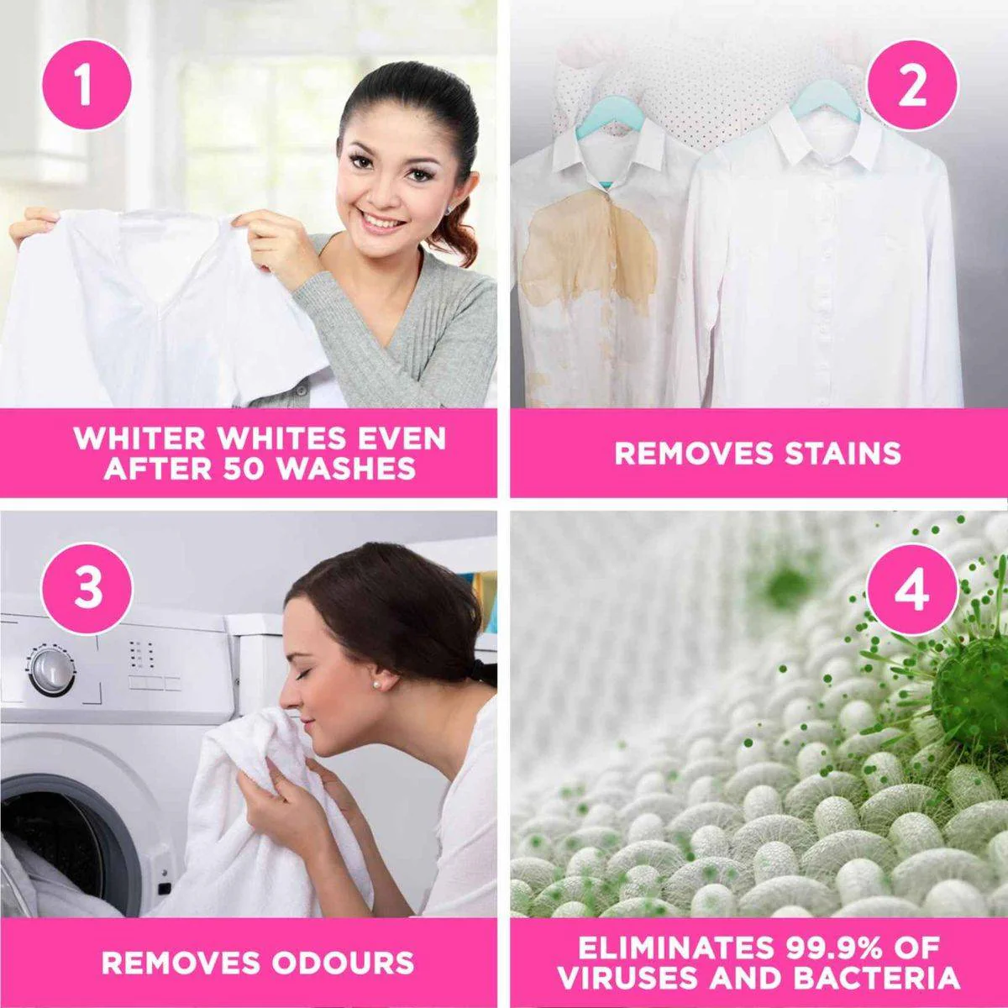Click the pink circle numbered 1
[86, 85]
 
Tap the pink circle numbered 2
[912, 86]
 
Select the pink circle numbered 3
[87, 588]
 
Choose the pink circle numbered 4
[912, 590]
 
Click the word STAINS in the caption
[843, 453]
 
